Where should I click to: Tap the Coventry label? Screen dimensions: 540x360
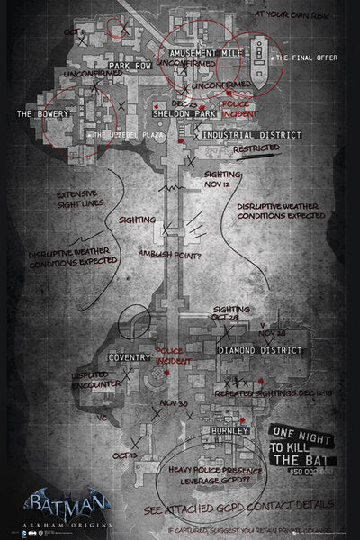[129, 357]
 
